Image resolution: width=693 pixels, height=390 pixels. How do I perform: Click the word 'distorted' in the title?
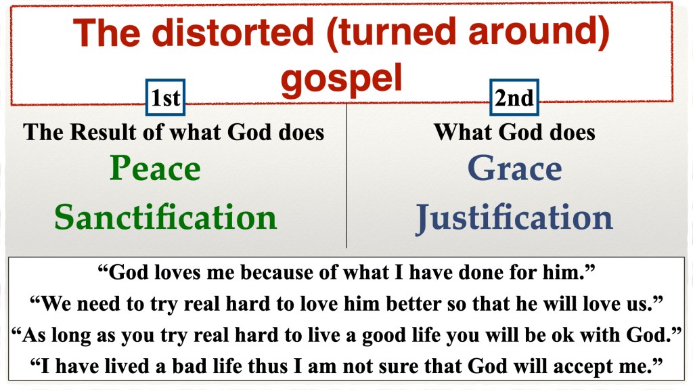pyautogui.click(x=233, y=32)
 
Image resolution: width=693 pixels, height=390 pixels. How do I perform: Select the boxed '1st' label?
pyautogui.click(x=165, y=97)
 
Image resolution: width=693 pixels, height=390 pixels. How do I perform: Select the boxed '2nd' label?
pyautogui.click(x=514, y=97)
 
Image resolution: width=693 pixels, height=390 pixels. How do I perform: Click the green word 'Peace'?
pyautogui.click(x=155, y=168)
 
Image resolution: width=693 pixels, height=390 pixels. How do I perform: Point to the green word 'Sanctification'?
pyautogui.click(x=166, y=217)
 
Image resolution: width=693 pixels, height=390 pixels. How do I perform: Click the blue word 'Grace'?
pyautogui.click(x=515, y=169)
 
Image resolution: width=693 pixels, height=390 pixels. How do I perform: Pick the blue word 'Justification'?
pyautogui.click(x=514, y=217)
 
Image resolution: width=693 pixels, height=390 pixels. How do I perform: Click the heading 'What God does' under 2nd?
pyautogui.click(x=514, y=132)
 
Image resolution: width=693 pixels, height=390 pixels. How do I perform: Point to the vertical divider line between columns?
pyautogui.click(x=346, y=176)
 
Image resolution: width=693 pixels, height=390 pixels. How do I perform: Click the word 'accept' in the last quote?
pyautogui.click(x=581, y=366)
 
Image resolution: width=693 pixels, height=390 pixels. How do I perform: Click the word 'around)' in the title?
pyautogui.click(x=539, y=32)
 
